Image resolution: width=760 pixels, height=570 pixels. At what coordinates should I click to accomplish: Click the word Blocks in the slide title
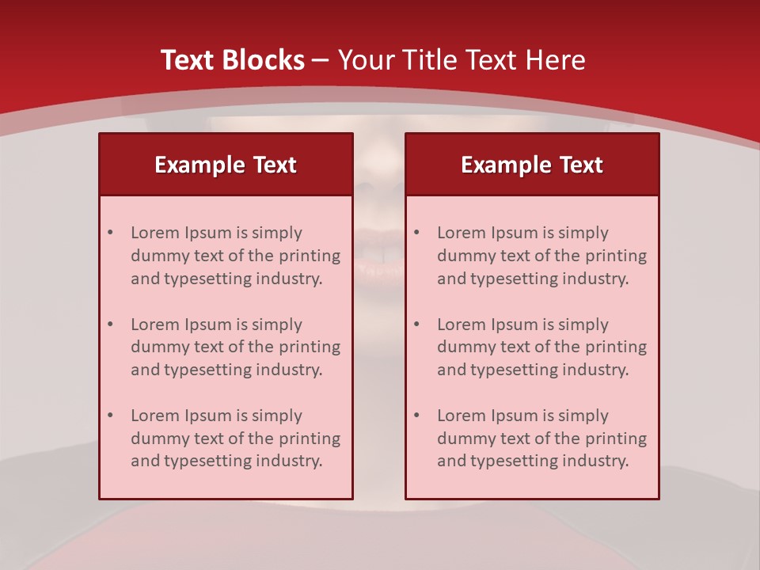[x=264, y=60]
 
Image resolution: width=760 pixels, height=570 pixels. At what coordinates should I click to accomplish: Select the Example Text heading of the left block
[x=226, y=165]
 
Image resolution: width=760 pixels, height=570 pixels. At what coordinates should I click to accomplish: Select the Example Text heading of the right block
[x=532, y=165]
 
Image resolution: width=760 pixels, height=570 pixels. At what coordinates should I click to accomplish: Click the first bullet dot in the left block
[x=110, y=233]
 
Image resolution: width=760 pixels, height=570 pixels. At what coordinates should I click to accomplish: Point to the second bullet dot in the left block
[x=110, y=325]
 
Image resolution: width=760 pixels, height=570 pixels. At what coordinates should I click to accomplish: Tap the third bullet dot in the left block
[x=110, y=416]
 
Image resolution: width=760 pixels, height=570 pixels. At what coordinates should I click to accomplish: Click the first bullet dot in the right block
[x=416, y=233]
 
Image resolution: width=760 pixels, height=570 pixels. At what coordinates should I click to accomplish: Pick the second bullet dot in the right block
[x=416, y=325]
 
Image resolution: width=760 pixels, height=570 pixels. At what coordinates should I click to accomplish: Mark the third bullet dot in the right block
[x=416, y=416]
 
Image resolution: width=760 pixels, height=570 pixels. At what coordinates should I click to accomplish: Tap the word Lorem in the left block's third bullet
[x=154, y=416]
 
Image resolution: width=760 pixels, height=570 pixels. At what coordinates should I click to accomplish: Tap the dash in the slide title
[x=321, y=61]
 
